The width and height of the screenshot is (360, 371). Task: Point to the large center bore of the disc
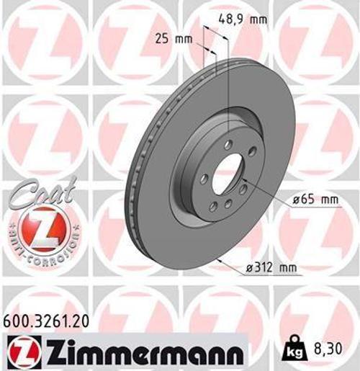click(x=228, y=175)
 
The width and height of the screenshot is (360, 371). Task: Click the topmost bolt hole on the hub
click(x=228, y=145)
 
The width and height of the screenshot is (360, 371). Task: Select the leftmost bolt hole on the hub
click(x=204, y=179)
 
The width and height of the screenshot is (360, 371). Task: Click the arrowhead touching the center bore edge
click(x=243, y=180)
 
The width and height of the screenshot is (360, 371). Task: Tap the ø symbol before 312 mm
click(x=246, y=269)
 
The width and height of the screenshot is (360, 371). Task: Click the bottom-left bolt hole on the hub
click(x=213, y=207)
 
